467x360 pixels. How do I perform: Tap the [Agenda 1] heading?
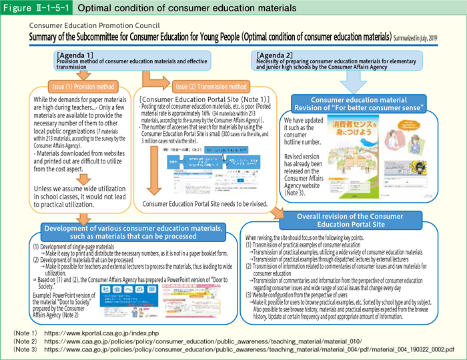(75, 53)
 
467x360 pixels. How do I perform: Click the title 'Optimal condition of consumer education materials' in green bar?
(187, 8)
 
